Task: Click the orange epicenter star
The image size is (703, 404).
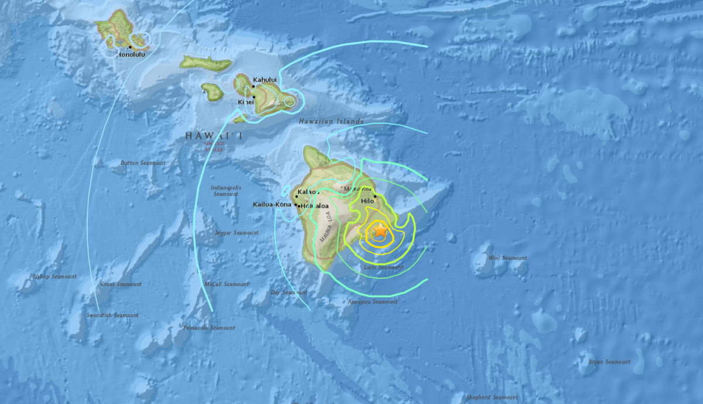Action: click(380, 230)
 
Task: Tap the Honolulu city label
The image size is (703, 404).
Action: click(131, 55)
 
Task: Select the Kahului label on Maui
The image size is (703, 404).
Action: click(265, 80)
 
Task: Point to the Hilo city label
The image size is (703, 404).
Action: click(367, 201)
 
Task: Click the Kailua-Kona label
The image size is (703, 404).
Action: click(272, 205)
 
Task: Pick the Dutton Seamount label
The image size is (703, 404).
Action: click(143, 163)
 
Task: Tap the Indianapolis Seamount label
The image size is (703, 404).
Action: click(226, 191)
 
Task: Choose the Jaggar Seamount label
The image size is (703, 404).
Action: click(237, 233)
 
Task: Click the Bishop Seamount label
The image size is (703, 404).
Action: click(54, 277)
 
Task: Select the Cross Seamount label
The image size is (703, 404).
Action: click(121, 284)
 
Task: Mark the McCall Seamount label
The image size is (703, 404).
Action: click(227, 284)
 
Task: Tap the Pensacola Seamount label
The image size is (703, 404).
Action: click(209, 328)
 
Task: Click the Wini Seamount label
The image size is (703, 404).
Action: click(507, 258)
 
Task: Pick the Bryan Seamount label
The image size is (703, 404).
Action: click(609, 362)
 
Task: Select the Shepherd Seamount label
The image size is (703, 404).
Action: click(492, 397)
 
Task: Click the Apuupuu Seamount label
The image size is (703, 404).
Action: click(373, 302)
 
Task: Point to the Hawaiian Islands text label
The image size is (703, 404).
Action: click(331, 121)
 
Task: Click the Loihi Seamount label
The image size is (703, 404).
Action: click(383, 267)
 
